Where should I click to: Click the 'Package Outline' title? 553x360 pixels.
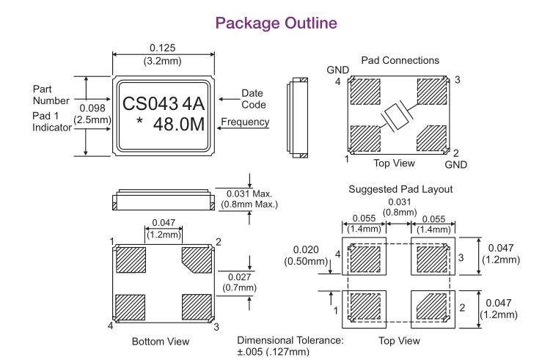point(276,23)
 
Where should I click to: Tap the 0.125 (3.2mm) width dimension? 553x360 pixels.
point(163,53)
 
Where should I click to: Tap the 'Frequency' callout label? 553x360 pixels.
point(244,122)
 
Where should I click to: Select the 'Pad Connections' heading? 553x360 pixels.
point(400,59)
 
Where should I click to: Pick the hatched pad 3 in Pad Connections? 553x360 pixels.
point(431,92)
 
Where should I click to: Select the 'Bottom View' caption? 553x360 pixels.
point(160,341)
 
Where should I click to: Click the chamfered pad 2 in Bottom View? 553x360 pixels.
point(196,260)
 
